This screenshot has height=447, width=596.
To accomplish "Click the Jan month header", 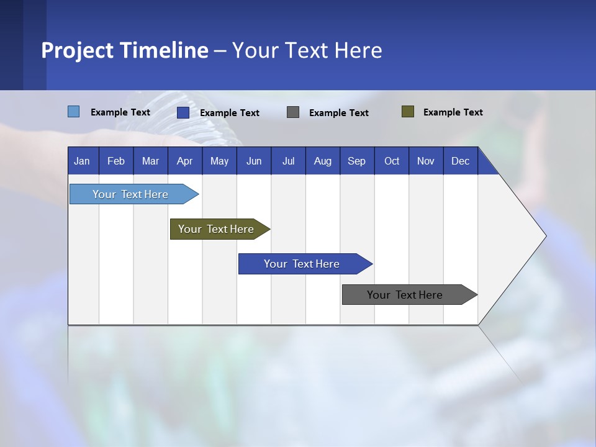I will pos(82,161).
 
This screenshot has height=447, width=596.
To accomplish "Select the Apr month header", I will pos(184,161).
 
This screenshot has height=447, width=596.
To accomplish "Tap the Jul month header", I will pos(288,161).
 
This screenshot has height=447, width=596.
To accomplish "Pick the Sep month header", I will pos(356,161).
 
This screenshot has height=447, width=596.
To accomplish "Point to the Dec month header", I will pos(460,161).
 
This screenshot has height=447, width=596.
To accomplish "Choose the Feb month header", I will pos(116,161).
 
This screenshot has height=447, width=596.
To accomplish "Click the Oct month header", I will pos(392,161).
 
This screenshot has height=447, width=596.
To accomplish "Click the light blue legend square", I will pos(74,112).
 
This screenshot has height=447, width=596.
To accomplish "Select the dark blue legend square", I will pos(183,112).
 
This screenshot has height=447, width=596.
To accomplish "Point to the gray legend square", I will pos(293,112).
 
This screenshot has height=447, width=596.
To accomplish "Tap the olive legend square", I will pos(408,112).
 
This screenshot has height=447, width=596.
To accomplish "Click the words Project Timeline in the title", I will pos(125,50).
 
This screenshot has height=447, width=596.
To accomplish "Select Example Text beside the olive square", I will pos(453,112).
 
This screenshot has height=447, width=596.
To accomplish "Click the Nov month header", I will pos(426,161).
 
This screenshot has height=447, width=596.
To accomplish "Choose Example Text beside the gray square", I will pos(338,113).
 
